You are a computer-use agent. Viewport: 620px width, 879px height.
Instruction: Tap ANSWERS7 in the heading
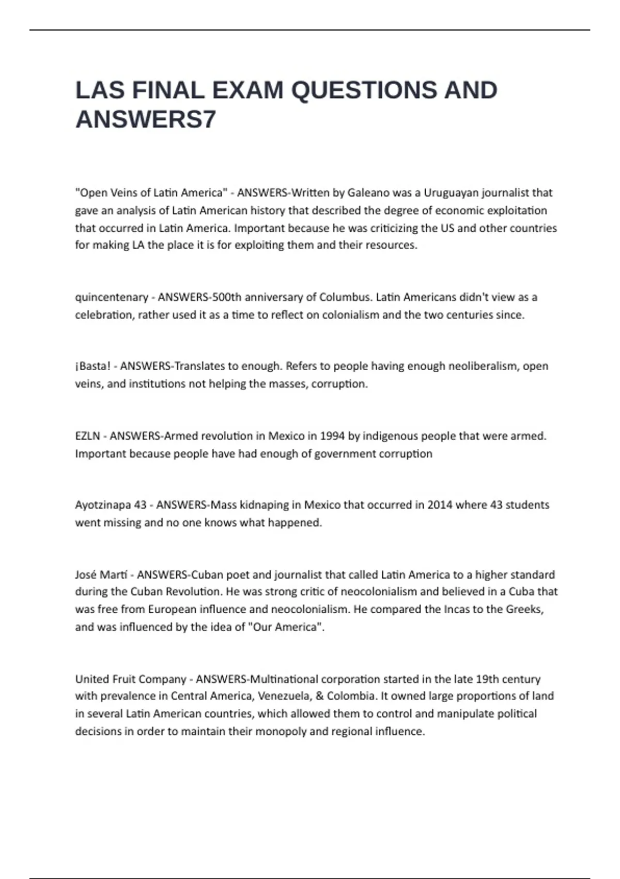146,119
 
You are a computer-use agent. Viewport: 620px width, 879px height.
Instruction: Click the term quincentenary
112,297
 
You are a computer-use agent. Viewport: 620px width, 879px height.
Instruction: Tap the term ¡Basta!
93,366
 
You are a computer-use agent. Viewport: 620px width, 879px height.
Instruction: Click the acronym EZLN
88,436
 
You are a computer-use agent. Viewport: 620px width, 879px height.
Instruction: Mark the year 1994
332,436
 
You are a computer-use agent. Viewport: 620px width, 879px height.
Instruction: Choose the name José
85,574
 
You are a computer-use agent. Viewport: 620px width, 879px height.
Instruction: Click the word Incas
457,609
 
